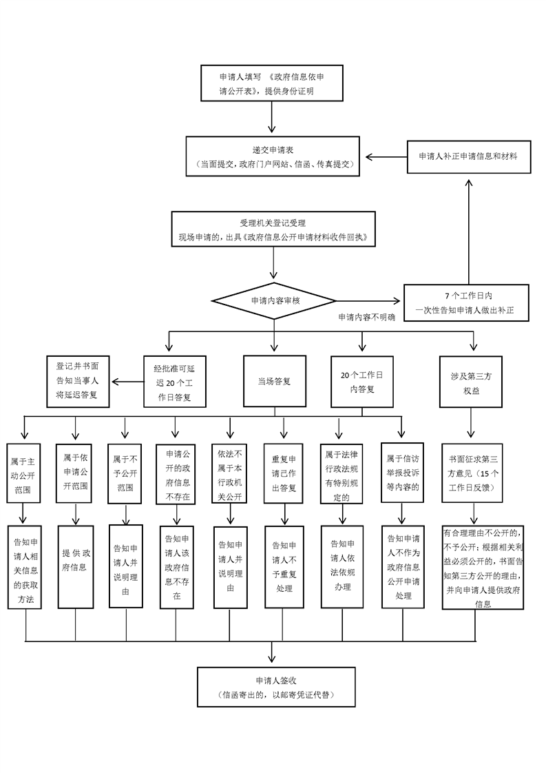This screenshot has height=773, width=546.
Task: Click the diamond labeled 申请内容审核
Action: click(275, 300)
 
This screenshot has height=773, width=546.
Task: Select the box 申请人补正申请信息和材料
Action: click(468, 157)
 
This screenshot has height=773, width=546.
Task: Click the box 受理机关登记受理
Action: click(273, 230)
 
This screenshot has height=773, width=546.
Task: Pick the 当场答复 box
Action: click(274, 380)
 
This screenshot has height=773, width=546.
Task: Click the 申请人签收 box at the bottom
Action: click(275, 687)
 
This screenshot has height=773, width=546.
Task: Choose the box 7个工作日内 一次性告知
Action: click(468, 302)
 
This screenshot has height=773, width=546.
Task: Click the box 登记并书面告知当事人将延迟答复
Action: click(77, 380)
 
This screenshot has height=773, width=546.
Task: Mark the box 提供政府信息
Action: click(75, 567)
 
